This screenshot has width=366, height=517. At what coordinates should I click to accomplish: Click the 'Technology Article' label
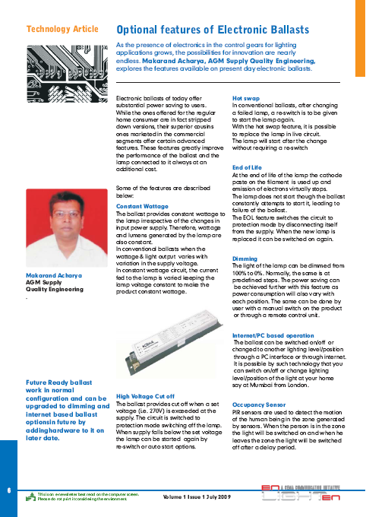coord(62,29)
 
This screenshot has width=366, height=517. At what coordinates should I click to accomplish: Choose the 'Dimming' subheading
coord(245,259)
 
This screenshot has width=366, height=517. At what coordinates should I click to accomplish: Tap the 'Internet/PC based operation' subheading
coord(273,335)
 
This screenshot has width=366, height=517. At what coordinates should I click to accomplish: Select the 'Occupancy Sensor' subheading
coord(259,405)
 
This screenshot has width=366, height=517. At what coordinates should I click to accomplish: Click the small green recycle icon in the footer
coord(30,496)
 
